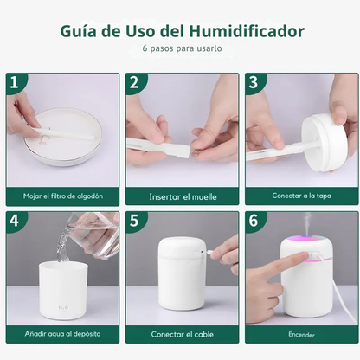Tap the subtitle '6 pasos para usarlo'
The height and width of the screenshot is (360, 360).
[x=181, y=48]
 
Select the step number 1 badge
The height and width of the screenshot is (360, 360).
[x=14, y=82]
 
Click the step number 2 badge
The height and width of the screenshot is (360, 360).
[x=133, y=82]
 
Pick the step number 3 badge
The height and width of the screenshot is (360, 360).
[x=253, y=82]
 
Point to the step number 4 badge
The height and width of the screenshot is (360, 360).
[x=14, y=221]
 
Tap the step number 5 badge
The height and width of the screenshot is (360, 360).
[x=133, y=221]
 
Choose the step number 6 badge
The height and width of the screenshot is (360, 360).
[x=253, y=221]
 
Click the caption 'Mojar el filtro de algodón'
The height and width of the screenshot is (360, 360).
[x=61, y=196]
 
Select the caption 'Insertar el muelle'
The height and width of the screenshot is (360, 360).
[x=181, y=196]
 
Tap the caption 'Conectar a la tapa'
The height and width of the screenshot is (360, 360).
[x=300, y=196]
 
